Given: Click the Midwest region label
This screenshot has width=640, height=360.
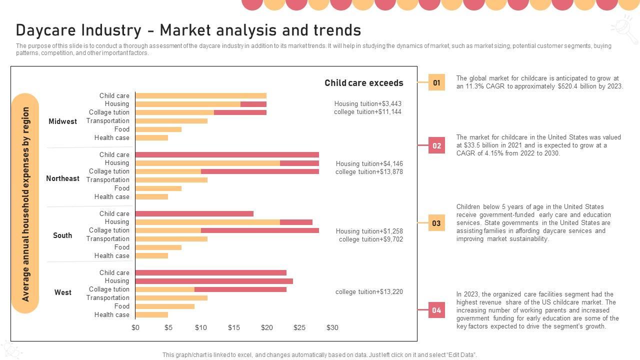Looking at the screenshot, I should click(x=62, y=121).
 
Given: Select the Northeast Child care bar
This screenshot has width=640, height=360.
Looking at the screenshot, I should click(x=227, y=155).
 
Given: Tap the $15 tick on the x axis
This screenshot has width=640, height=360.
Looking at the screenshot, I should click(x=234, y=328).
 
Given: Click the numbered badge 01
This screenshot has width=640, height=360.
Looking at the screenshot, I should click(x=436, y=82).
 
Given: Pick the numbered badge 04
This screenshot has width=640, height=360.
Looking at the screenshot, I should click(x=436, y=310).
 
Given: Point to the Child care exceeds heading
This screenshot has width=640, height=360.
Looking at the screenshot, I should click(x=363, y=83).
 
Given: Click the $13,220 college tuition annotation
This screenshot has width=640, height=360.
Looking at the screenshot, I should click(x=369, y=292).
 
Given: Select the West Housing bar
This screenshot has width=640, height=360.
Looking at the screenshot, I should click(x=214, y=281).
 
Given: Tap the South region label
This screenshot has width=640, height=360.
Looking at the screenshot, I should click(x=62, y=235).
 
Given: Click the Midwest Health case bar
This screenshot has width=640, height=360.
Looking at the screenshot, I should click(x=151, y=138).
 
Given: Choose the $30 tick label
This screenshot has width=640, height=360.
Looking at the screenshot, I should click(x=332, y=328).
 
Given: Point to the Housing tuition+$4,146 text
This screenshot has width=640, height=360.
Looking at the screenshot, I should click(x=369, y=164).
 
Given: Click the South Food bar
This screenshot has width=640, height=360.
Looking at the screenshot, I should click(x=158, y=247).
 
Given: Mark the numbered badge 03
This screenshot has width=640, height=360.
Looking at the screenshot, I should click(x=436, y=223).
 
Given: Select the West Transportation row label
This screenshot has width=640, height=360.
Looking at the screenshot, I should click(x=107, y=298).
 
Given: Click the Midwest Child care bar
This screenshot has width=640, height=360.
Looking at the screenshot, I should click(x=200, y=96).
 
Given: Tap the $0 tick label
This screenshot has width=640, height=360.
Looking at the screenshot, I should click(x=135, y=328).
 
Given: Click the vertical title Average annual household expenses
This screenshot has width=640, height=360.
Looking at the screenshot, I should click(x=25, y=204).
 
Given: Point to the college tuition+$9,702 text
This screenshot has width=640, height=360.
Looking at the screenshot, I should click(x=370, y=239).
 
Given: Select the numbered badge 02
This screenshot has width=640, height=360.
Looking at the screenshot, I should click(x=436, y=146).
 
